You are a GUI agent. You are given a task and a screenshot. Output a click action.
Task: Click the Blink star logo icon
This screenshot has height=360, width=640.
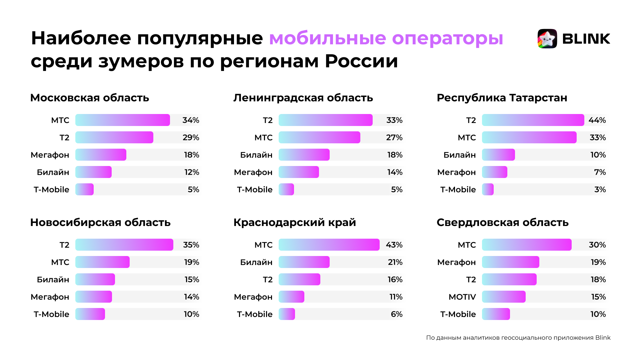[547, 39]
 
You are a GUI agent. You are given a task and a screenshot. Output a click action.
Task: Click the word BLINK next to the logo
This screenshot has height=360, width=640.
[586, 39]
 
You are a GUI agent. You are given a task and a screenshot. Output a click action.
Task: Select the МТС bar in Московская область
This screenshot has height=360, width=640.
[122, 120]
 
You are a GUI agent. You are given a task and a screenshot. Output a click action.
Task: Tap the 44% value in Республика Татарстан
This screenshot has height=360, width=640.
[597, 120]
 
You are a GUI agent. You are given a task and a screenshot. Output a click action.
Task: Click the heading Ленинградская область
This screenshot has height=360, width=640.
[303, 98]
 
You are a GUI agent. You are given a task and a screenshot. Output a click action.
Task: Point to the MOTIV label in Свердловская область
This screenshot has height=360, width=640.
[462, 297]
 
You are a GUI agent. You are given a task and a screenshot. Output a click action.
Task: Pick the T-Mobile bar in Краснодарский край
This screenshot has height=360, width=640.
[287, 314]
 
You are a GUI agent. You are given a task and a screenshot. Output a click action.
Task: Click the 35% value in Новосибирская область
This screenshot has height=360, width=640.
[191, 245]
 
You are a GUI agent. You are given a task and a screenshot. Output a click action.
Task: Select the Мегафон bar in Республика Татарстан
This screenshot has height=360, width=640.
[494, 172]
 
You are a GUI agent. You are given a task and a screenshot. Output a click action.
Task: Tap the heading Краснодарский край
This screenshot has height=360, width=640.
[295, 222]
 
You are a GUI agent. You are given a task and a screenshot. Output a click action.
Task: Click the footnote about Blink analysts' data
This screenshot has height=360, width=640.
[518, 338]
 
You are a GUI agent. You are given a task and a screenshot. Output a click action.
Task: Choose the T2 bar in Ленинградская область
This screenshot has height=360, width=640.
[325, 120]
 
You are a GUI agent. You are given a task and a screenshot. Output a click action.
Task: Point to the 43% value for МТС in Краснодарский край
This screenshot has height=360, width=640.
[394, 245]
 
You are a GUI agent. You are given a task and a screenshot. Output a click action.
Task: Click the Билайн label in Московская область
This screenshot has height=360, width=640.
[53, 172]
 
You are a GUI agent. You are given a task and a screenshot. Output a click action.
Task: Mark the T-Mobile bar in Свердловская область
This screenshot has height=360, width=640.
[496, 314]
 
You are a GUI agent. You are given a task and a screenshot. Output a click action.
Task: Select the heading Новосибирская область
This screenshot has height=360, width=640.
[100, 222]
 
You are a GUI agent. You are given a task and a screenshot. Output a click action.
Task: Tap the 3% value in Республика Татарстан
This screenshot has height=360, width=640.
[600, 189]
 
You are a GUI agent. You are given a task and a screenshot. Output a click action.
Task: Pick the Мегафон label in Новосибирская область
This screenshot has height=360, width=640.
[50, 297]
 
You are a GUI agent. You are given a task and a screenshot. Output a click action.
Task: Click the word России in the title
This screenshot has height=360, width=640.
[361, 61]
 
